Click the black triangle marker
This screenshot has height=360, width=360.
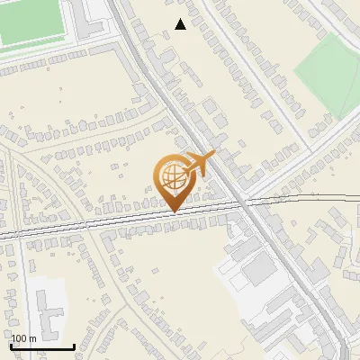click(181, 24)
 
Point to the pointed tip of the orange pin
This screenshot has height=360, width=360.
click(172, 211)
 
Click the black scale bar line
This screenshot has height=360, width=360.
click(42, 347)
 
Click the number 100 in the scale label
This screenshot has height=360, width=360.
click(19, 339)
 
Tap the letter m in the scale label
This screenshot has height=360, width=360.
click(33, 339)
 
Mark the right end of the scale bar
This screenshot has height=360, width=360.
click(74, 347)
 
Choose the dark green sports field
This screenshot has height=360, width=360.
click(31, 22)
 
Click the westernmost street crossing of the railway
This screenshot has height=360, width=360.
click(16, 235)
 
